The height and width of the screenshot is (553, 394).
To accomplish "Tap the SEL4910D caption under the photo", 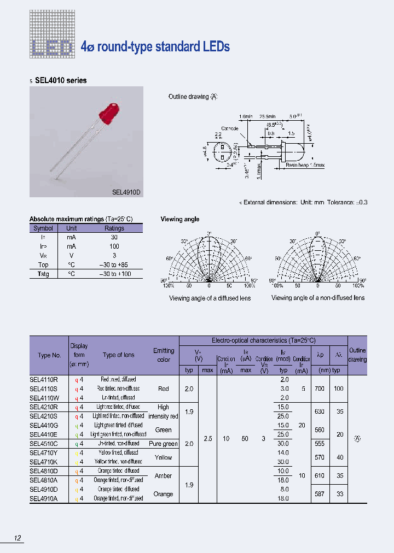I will point(126,192).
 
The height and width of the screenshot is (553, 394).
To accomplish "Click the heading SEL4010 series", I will point(60,80).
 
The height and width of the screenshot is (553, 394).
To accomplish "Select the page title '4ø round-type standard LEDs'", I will point(155,46).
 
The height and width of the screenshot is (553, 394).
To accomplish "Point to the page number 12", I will point(18,539).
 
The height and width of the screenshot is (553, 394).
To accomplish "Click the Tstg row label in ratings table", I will point(43,274).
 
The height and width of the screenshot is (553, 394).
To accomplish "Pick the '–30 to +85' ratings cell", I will point(114,264).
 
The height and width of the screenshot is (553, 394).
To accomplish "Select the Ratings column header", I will point(114,228).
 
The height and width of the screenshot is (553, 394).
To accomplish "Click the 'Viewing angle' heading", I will point(179,219).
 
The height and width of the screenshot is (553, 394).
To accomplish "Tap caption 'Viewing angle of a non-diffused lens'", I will point(318,298).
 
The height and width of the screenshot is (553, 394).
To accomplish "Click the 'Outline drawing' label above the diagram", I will point(188,97).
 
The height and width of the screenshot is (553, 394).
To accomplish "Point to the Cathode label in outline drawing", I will point(230,128).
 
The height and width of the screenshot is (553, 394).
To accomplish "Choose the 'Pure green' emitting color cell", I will point(163,444).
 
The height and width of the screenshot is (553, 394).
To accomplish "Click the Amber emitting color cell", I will point(163,476).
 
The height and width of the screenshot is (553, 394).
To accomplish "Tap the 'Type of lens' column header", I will point(118,355).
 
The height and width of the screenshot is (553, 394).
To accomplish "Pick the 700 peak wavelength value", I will point(320,389).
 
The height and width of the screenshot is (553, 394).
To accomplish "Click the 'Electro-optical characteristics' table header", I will point(263,340).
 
